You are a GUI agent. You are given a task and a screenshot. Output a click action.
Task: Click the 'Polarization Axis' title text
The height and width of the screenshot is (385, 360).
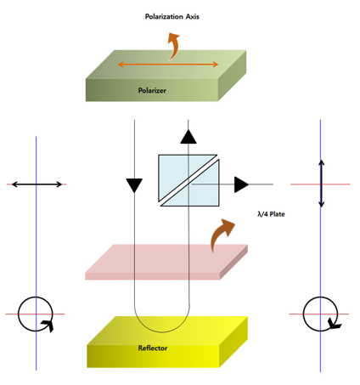tap(172, 17)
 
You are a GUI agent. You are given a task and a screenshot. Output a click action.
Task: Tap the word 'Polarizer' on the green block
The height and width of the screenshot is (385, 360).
tap(152, 91)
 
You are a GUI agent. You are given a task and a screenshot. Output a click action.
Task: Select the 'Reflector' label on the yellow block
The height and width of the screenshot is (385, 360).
tap(153, 348)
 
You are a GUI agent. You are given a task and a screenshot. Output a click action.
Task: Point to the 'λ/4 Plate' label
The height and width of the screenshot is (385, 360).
tap(271, 214)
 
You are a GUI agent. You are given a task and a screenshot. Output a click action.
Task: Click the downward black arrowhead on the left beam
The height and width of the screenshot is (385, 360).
tap(134, 185)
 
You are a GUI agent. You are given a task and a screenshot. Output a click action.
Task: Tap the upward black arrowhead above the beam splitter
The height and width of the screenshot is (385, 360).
tap(188, 137)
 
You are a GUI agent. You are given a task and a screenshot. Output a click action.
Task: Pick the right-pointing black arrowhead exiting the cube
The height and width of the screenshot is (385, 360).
tap(241, 184)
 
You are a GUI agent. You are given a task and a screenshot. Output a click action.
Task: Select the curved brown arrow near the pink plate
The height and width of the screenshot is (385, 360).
tap(222, 234)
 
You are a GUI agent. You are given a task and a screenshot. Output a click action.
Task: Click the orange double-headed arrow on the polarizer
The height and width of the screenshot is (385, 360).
tap(168, 65)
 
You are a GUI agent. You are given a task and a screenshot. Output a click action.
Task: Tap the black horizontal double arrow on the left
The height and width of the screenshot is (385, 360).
tap(37, 184)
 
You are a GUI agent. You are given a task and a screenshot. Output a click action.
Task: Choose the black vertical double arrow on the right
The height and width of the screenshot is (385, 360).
tap(321, 184)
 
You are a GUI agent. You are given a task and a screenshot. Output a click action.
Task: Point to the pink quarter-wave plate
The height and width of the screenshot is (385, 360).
tap(166, 262)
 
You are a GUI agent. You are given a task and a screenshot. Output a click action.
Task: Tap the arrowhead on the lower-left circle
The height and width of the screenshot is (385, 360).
tap(48, 326)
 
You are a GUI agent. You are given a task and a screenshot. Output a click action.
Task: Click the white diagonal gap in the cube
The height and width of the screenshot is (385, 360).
tap(188, 180)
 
